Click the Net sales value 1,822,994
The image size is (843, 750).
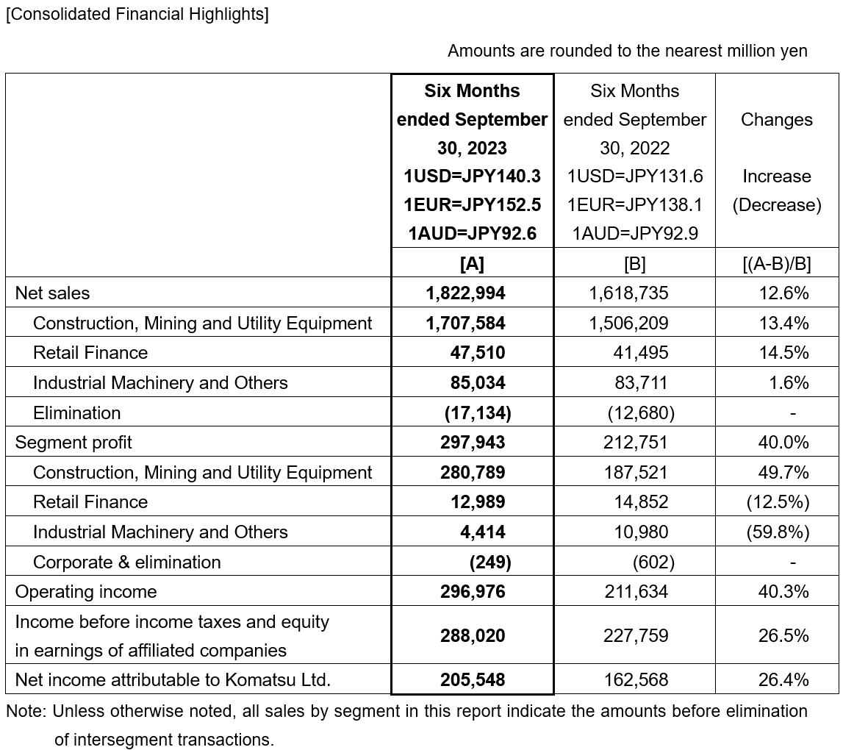[465, 293]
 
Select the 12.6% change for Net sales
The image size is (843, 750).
[783, 293]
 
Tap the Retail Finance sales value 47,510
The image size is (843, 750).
[478, 353]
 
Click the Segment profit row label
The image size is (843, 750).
[73, 443]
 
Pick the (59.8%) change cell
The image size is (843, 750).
[778, 532]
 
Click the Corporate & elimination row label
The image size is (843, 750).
[126, 562]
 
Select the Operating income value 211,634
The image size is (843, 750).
[628, 592]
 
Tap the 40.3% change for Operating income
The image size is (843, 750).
[783, 592]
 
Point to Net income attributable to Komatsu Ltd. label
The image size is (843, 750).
[173, 680]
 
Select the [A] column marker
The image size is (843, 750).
[472, 263]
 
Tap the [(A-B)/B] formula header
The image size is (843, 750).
[777, 263]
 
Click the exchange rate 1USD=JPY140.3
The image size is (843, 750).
[472, 176]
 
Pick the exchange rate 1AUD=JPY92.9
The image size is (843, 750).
[634, 234]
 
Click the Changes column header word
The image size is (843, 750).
[777, 120]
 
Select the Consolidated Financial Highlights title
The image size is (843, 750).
[137, 15]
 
